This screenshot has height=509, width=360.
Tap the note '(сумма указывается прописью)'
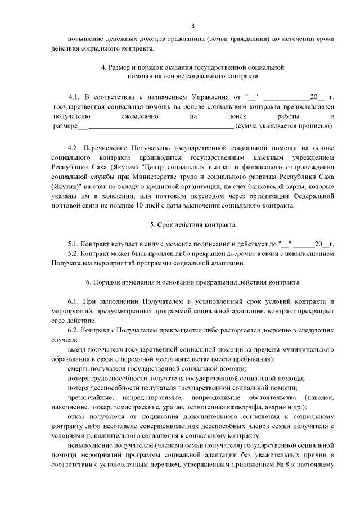285,125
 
